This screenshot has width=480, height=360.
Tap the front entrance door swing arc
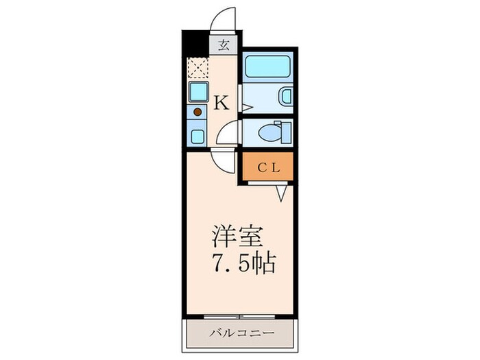click(224, 19)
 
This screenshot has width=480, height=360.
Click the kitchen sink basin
click(198, 92)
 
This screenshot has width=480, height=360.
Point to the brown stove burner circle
click(197, 112)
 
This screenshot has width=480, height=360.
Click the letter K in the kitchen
click(221, 103)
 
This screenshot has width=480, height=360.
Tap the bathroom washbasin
click(286, 97)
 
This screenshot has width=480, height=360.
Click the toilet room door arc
click(228, 132)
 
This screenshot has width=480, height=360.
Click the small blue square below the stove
click(197, 135)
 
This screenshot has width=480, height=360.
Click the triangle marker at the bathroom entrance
click(247, 106)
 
